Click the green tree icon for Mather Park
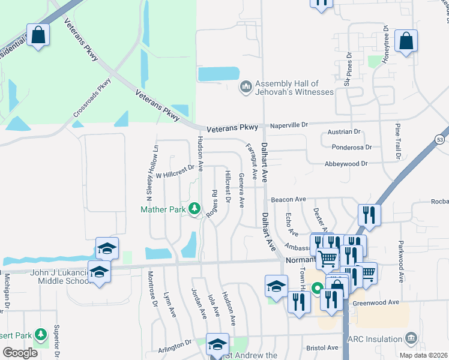tap(194, 209)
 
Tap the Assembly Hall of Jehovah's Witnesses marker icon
tap(246, 88)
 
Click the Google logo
tap(20, 353)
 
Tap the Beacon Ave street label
tap(288, 199)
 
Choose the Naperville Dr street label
tap(288, 125)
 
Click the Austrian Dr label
tap(344, 131)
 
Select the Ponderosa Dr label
tap(351, 146)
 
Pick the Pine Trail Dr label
tap(397, 142)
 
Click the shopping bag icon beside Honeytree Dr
tap(406, 41)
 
